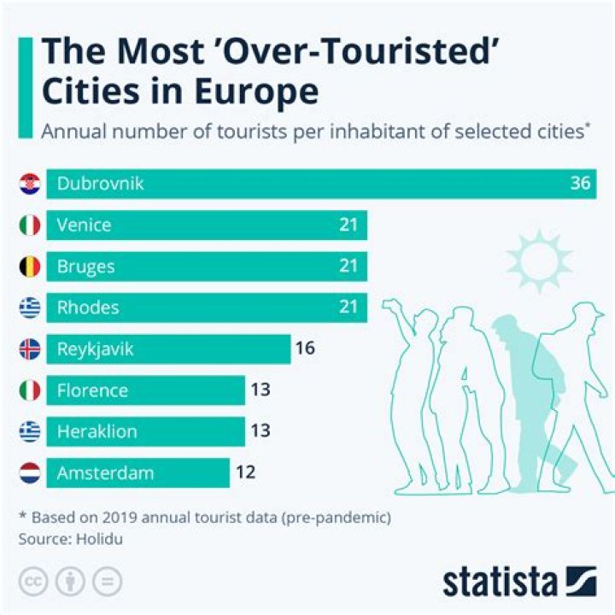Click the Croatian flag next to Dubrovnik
[x=30, y=184]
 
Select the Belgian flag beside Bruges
[x=30, y=266]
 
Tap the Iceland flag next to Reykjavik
[x=30, y=348]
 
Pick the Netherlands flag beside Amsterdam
[x=30, y=472]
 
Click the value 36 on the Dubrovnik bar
[x=581, y=184]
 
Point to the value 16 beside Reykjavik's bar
[x=305, y=348]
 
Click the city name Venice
[x=84, y=225]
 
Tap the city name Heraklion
[x=97, y=431]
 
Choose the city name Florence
[x=92, y=390]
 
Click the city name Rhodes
[x=88, y=307]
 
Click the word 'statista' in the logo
[x=499, y=583]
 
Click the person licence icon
[x=69, y=582]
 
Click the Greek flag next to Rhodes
[x=30, y=307]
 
